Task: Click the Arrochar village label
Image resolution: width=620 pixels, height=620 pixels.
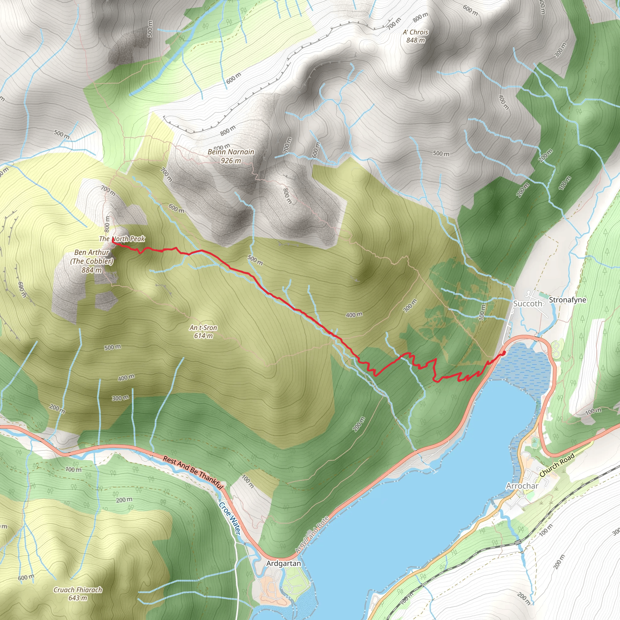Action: point(522,486)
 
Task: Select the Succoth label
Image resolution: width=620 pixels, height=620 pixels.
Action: point(528,304)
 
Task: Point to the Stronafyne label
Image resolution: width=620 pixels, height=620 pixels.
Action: point(567,300)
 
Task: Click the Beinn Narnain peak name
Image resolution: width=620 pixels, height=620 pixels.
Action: point(231,152)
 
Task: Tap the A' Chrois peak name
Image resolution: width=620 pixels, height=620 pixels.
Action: point(416,32)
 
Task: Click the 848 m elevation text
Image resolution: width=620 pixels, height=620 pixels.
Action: point(416,41)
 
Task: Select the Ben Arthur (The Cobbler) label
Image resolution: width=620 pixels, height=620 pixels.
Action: point(92,257)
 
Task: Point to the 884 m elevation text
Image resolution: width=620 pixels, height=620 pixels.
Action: point(91,270)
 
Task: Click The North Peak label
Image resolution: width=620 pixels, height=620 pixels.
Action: point(122,239)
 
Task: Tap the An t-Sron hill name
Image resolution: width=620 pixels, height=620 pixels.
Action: point(203,328)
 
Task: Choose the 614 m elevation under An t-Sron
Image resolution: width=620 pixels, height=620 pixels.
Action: point(203,336)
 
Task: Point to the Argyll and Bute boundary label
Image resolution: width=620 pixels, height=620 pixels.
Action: point(312,535)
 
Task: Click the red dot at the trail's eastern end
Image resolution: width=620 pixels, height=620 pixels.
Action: point(503,353)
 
